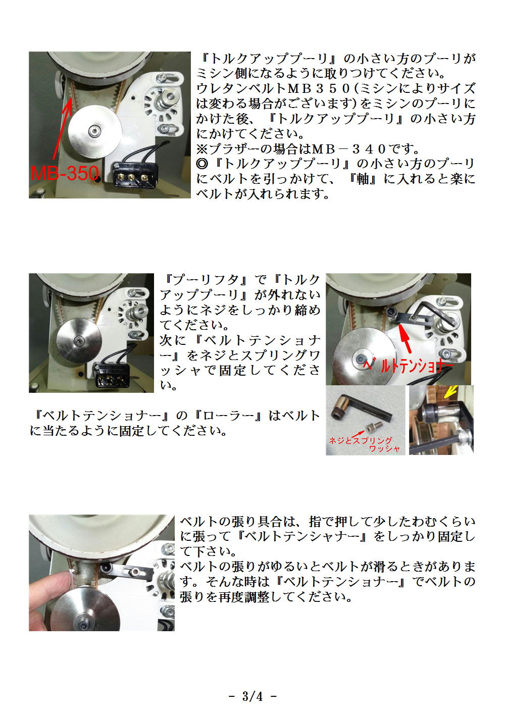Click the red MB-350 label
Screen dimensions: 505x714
click(65, 173)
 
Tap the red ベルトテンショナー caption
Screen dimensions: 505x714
click(410, 366)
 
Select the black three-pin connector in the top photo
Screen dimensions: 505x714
click(135, 174)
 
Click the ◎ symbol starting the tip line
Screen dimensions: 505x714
click(202, 164)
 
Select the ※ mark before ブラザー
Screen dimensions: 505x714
click(202, 149)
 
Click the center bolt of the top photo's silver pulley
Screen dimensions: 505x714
click(94, 130)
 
